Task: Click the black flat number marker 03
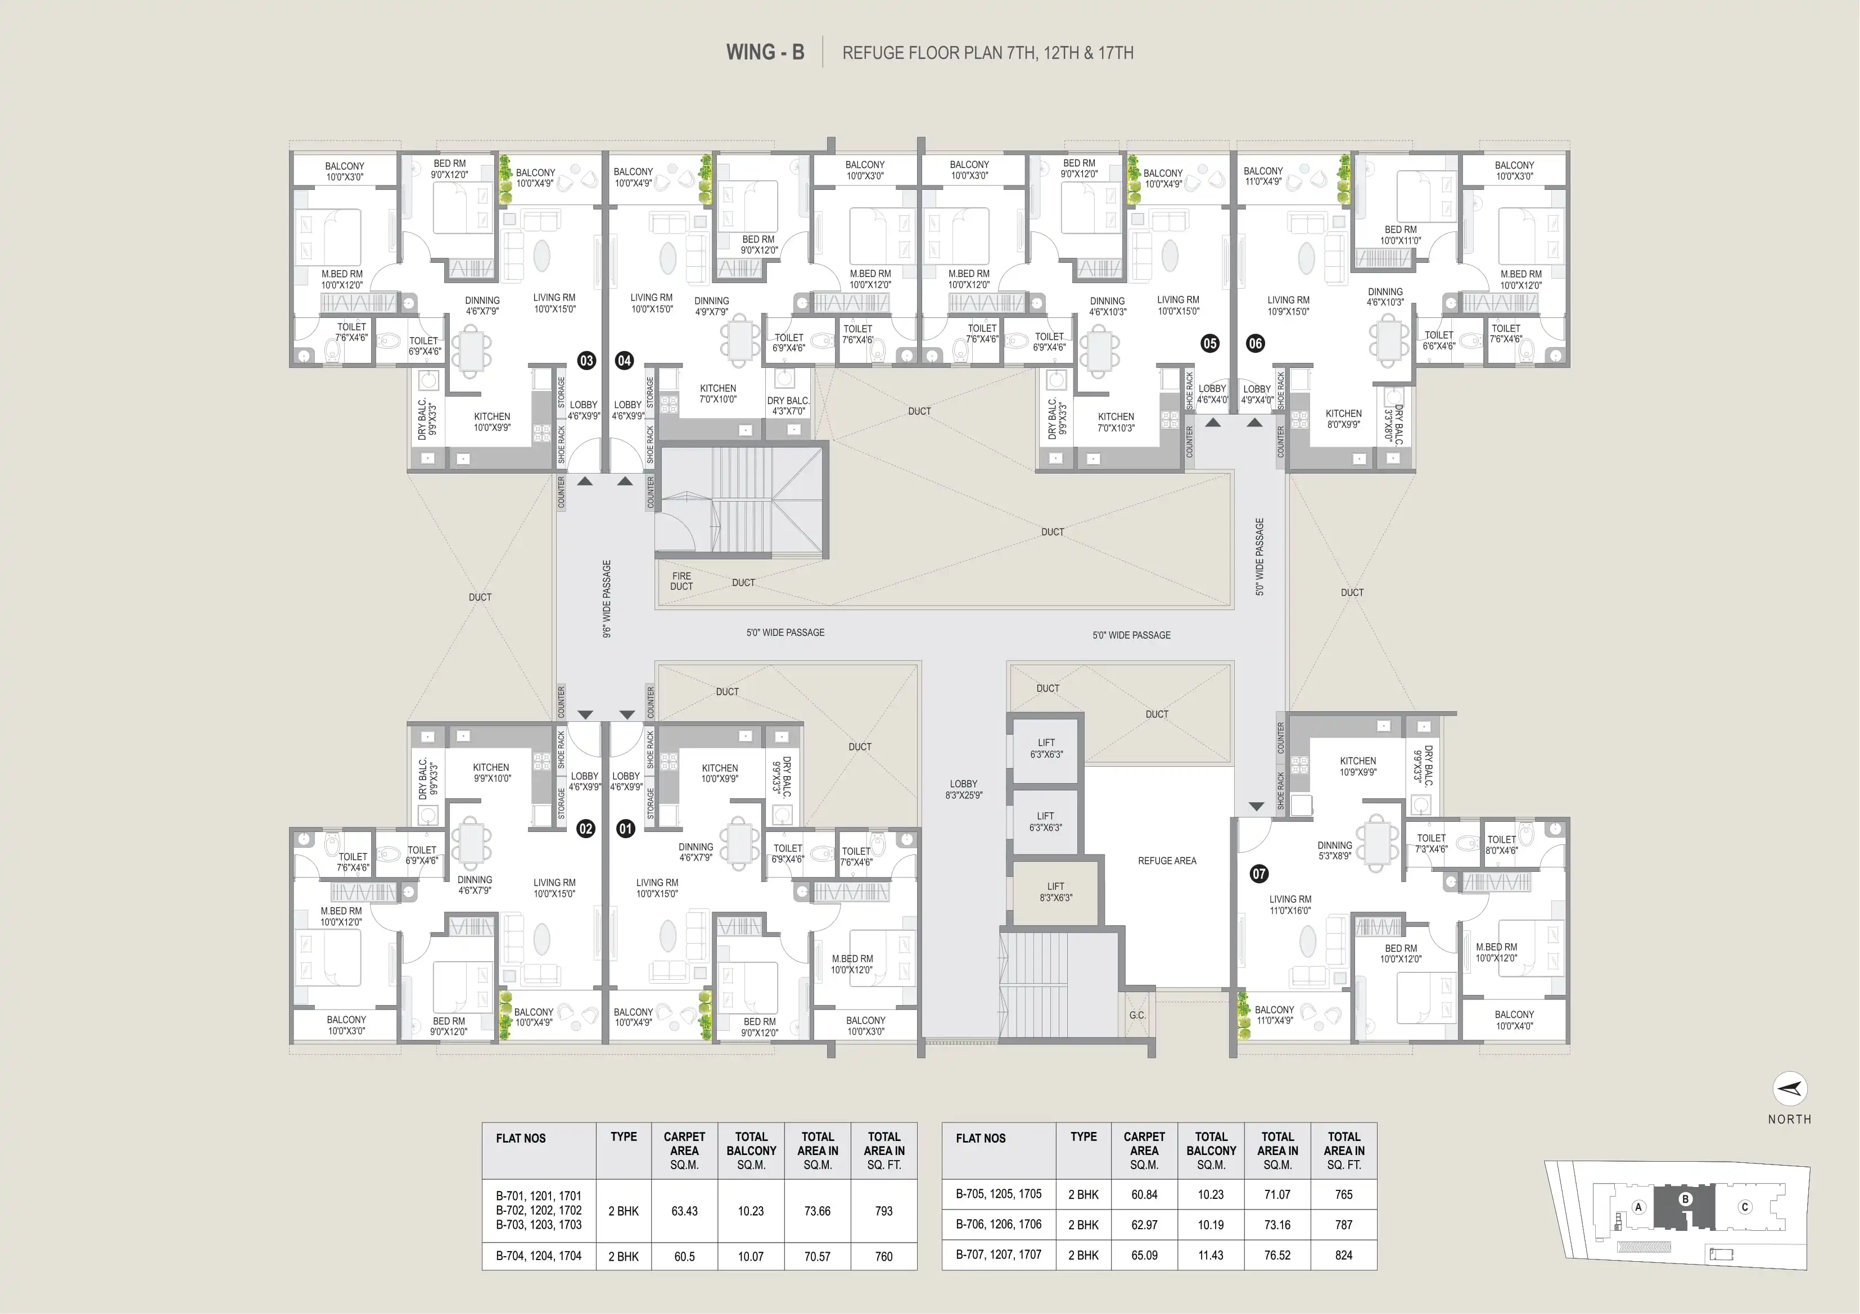click(x=586, y=360)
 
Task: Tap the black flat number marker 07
click(x=1259, y=874)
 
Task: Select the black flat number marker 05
click(x=1209, y=343)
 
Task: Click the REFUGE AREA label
click(x=1167, y=861)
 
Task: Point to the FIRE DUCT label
click(x=681, y=581)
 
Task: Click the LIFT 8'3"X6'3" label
click(x=1055, y=892)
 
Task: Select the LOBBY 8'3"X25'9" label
click(x=963, y=789)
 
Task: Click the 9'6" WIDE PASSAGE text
click(x=607, y=599)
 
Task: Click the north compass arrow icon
click(x=1790, y=1089)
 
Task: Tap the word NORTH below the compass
click(x=1790, y=1119)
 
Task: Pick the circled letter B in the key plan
click(x=1686, y=1199)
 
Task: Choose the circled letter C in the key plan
click(x=1745, y=1207)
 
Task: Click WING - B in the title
click(x=765, y=53)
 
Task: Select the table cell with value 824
click(x=1343, y=1255)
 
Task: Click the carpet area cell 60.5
click(x=684, y=1257)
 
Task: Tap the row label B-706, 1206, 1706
click(x=998, y=1224)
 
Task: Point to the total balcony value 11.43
click(x=1211, y=1255)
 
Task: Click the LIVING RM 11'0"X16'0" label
click(x=1290, y=905)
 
